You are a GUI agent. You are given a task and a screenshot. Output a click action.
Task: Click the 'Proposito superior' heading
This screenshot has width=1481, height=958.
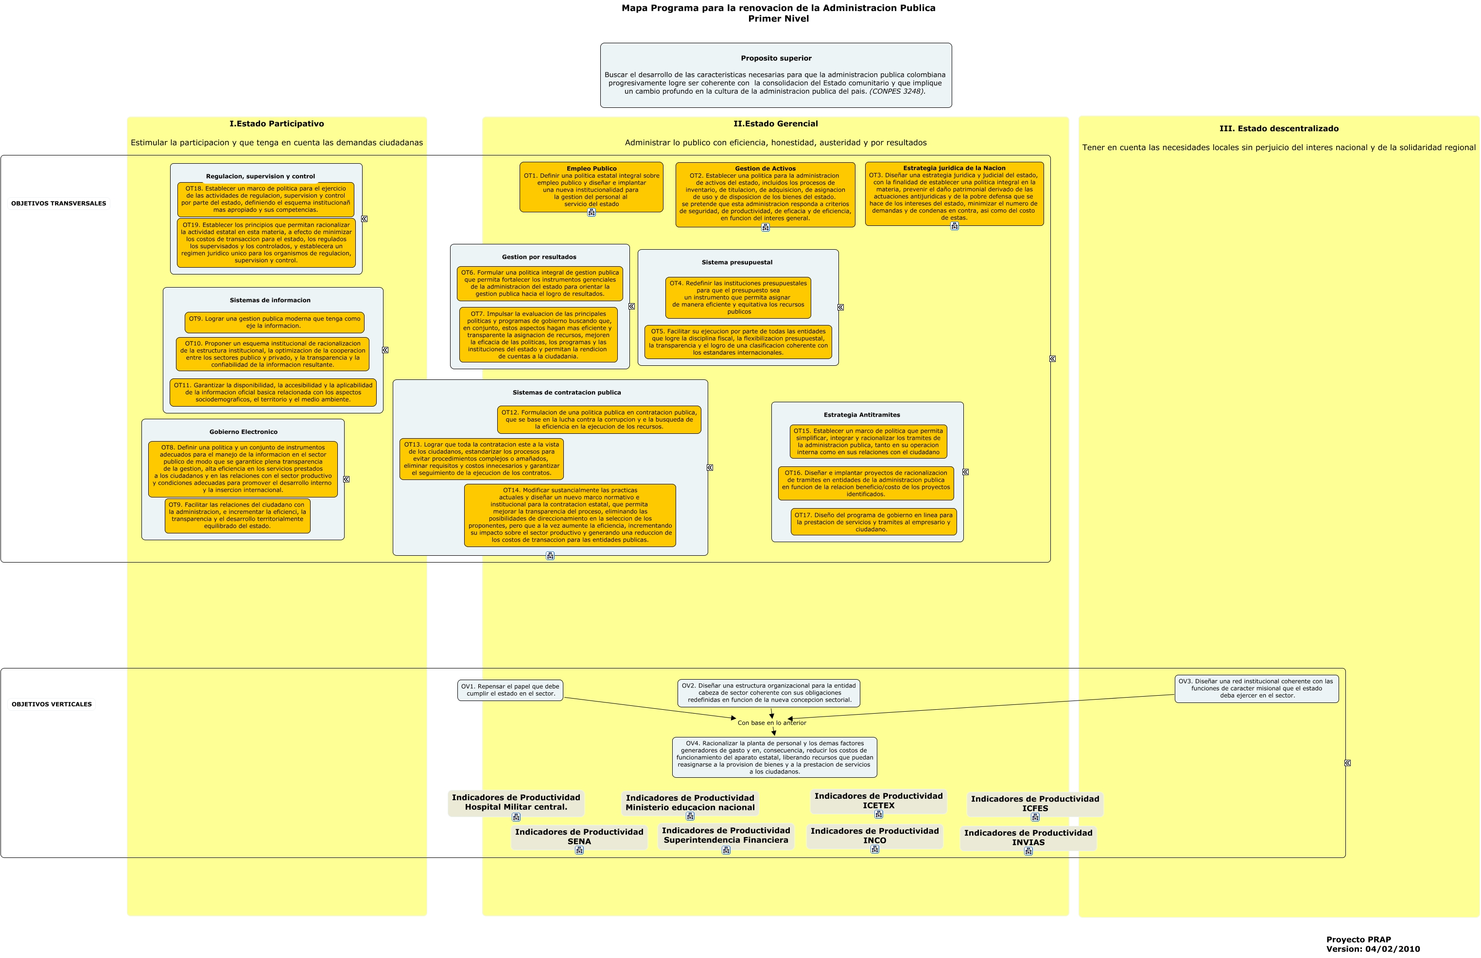776,58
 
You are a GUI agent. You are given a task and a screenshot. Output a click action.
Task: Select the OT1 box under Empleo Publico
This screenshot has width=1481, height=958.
591,187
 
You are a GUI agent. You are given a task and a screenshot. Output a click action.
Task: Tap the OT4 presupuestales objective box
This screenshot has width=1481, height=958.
738,297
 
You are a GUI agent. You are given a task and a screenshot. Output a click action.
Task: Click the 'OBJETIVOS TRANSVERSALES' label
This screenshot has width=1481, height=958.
58,204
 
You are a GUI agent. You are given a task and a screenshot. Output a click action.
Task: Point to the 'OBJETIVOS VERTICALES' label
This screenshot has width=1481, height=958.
52,704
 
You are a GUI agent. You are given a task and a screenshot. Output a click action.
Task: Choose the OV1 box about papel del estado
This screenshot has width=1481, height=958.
510,690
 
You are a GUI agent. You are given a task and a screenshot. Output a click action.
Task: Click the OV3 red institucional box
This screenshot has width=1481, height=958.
1256,689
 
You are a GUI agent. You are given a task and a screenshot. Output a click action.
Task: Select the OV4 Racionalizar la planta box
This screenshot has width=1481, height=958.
775,757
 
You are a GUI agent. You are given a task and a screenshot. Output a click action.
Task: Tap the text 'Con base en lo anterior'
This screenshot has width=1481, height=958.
772,723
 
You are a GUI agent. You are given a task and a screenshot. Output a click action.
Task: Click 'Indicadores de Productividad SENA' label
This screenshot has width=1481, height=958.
579,837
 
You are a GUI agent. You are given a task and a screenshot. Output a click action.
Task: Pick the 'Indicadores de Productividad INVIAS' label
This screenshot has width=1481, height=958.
1028,838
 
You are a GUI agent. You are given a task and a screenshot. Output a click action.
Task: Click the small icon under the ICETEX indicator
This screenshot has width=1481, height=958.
879,814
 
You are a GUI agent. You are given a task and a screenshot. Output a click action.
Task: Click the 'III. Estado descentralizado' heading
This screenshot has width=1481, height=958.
1279,129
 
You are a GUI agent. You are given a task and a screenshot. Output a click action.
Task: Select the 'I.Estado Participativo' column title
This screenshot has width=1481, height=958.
277,124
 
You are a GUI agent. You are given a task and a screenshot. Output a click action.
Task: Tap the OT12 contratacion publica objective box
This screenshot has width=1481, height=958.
599,420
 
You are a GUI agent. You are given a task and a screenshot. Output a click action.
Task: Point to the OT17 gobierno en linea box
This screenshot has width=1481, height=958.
873,522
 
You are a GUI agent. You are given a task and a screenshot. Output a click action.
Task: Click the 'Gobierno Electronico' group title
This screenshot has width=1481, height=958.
244,432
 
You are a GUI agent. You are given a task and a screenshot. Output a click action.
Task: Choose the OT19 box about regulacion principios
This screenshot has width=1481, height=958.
266,242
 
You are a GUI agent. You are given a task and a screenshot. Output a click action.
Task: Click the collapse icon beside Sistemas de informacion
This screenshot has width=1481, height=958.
385,350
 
